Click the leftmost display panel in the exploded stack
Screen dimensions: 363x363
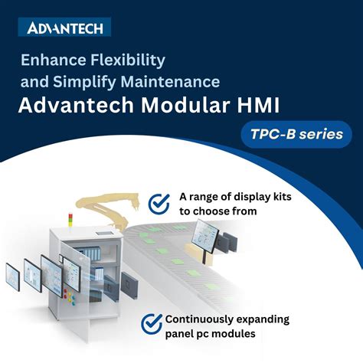point(13,276)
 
